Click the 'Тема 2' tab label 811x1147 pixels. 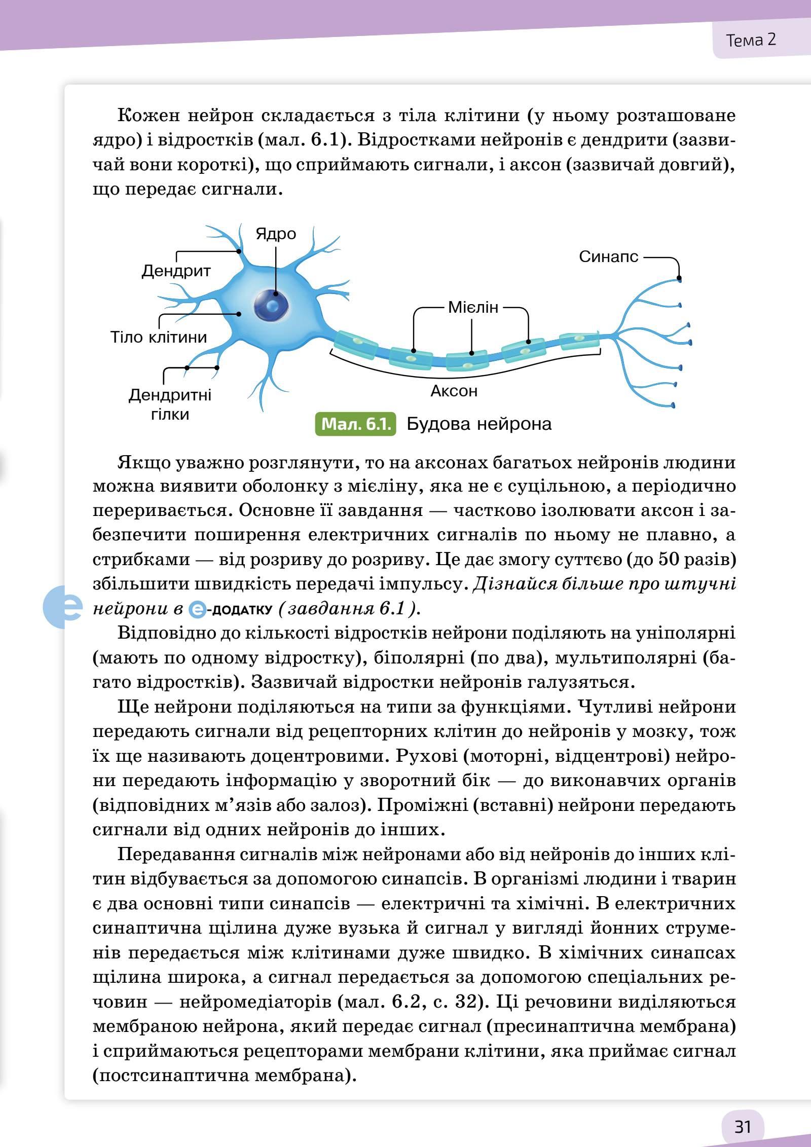click(751, 40)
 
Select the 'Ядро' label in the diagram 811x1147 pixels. click(276, 234)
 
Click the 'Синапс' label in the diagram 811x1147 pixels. click(609, 257)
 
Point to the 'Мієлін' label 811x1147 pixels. click(473, 307)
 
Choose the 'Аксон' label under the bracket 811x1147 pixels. click(454, 391)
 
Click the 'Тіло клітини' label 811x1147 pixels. click(159, 337)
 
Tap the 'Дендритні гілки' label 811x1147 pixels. click(170, 404)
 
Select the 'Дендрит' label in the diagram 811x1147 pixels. click(176, 271)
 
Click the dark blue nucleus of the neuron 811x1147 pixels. click(272, 305)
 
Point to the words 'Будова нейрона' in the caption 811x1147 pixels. click(479, 424)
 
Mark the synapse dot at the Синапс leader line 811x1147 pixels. click(679, 279)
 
